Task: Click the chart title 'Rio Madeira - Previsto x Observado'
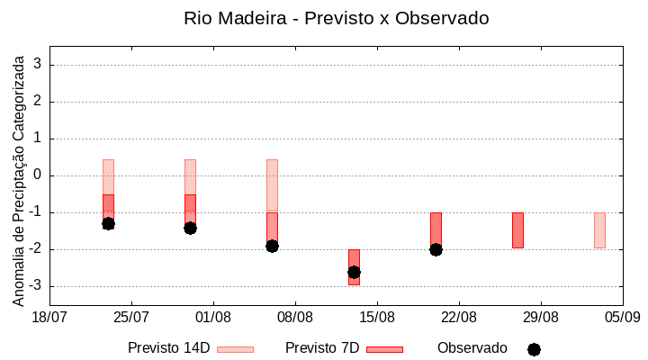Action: click(x=337, y=18)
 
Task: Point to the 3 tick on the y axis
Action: click(x=38, y=65)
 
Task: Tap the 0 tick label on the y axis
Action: click(x=38, y=175)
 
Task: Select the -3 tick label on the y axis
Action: click(x=35, y=286)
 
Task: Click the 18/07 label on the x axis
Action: click(x=49, y=317)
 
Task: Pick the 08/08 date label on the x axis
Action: click(x=295, y=317)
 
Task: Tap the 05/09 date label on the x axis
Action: click(x=622, y=317)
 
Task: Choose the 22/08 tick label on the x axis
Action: click(x=459, y=317)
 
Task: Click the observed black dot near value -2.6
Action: click(x=354, y=272)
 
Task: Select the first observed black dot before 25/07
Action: click(x=108, y=223)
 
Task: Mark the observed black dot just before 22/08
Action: click(x=436, y=249)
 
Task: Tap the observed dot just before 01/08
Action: click(x=190, y=228)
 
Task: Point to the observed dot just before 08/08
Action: click(x=272, y=246)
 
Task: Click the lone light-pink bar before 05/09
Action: click(x=599, y=229)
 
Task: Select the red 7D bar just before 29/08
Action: click(x=517, y=229)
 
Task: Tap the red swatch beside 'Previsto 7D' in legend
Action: click(x=384, y=349)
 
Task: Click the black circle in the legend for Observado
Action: click(x=534, y=349)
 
